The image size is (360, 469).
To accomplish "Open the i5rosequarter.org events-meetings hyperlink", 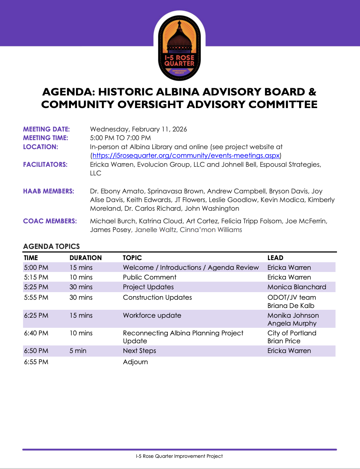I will [x=186, y=156].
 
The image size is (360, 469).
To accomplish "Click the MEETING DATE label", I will [x=46, y=129].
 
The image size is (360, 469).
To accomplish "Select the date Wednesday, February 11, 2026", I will [x=138, y=129].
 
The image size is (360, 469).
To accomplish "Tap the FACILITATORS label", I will [x=45, y=165].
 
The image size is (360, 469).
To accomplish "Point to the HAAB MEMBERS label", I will [x=49, y=191].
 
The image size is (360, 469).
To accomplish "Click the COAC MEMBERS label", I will [x=50, y=221].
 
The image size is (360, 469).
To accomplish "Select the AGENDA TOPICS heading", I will [x=51, y=246].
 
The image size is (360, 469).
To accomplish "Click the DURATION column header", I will [x=86, y=258].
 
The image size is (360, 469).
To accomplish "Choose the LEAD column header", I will [x=275, y=258].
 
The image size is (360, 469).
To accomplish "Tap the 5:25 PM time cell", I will [x=36, y=287].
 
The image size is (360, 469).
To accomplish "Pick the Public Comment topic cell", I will [x=150, y=277].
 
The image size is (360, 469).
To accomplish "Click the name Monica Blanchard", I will [x=297, y=287].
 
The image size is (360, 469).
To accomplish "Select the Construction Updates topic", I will [x=157, y=298].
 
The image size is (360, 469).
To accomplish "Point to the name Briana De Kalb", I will [x=291, y=306].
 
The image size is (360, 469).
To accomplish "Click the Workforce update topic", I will [x=152, y=316].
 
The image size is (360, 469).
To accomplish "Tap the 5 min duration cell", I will [x=78, y=351].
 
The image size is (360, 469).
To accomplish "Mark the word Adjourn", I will [x=135, y=362].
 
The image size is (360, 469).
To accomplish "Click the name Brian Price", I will [x=284, y=341].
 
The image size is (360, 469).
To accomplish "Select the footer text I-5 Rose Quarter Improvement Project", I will [x=179, y=456].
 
